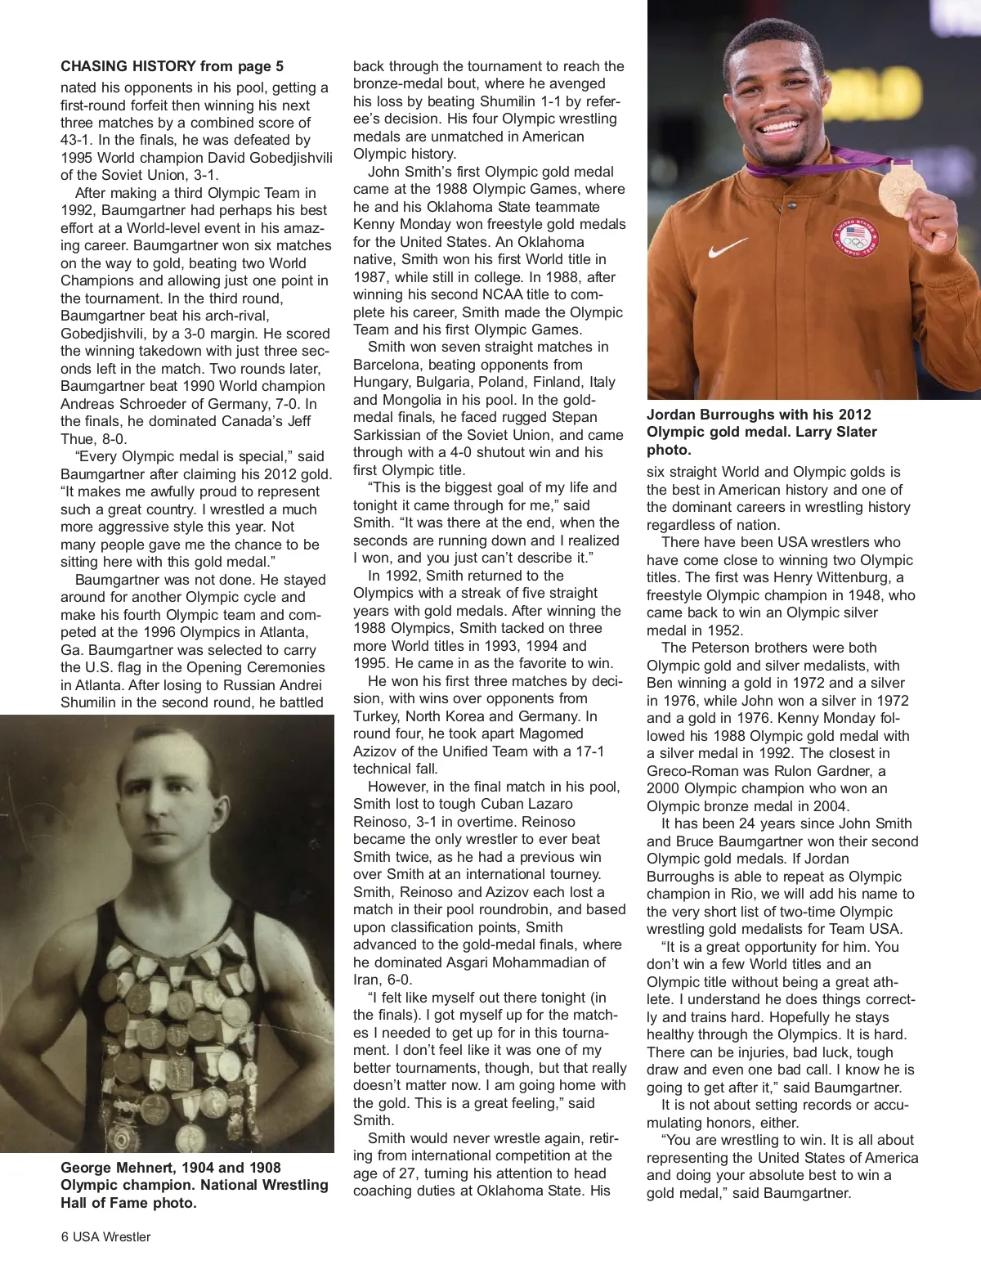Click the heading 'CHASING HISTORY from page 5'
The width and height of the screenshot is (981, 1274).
(x=172, y=65)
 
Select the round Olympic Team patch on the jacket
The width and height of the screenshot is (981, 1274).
(x=856, y=236)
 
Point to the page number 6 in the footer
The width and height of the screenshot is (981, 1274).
(x=65, y=1236)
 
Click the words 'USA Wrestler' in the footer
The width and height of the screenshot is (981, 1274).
(x=112, y=1236)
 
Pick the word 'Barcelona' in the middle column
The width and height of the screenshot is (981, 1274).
(x=386, y=365)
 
